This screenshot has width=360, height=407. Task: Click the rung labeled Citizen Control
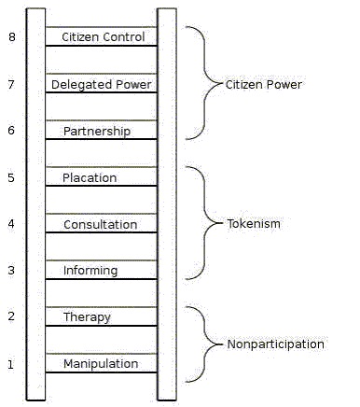click(103, 37)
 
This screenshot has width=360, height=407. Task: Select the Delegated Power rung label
click(102, 84)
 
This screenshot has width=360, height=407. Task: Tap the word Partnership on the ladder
click(97, 131)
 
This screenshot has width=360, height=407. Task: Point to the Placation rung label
click(90, 177)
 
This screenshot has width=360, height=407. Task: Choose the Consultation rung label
click(100, 224)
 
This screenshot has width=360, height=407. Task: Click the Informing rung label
click(90, 271)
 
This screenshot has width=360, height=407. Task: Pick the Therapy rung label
click(87, 316)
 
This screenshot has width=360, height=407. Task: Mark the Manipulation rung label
click(101, 363)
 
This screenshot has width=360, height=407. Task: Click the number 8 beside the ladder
click(11, 37)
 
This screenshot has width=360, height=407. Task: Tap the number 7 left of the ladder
click(11, 84)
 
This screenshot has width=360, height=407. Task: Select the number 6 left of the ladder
click(11, 131)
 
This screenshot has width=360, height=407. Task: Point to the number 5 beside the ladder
click(11, 177)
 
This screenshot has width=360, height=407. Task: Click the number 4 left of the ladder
click(11, 224)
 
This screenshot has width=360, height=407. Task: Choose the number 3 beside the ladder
click(11, 271)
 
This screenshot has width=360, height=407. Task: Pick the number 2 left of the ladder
click(11, 316)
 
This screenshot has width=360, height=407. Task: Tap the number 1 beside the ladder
click(11, 363)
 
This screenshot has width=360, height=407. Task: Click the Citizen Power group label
click(264, 84)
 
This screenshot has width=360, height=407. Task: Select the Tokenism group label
click(253, 224)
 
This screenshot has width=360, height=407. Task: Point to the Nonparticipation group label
click(275, 344)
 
